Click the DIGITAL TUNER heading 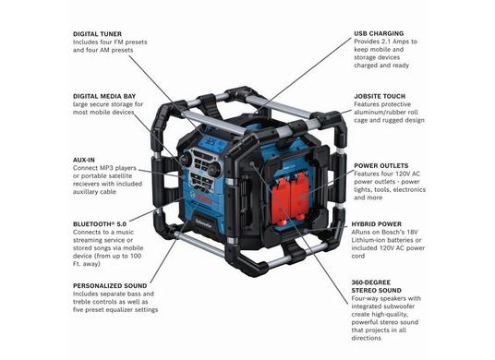(x=97, y=34)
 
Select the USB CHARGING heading (x=379, y=33)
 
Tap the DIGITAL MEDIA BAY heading (x=104, y=96)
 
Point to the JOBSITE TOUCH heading (x=380, y=96)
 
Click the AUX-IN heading (x=84, y=160)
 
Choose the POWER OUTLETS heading (x=381, y=165)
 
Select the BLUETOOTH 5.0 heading (x=100, y=224)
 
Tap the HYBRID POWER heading (x=377, y=224)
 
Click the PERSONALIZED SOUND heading (x=110, y=286)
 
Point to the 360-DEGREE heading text (x=371, y=282)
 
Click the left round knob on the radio (x=186, y=158)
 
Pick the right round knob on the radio (x=216, y=168)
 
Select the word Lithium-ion (x=368, y=240)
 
